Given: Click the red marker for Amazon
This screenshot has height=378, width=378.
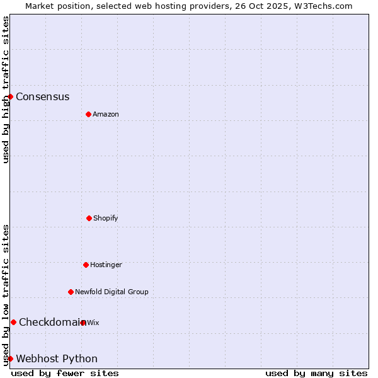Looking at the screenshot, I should (x=88, y=114).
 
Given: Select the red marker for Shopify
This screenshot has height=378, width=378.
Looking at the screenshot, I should (x=89, y=218).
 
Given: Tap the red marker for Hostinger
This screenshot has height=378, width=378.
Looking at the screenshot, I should (x=86, y=265).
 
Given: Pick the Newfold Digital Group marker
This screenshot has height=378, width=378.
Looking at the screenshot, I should (x=71, y=292).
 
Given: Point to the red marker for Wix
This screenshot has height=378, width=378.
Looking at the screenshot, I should (x=83, y=323).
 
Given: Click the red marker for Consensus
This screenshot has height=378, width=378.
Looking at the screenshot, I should (x=11, y=96).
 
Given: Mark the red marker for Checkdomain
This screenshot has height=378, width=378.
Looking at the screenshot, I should (x=13, y=322).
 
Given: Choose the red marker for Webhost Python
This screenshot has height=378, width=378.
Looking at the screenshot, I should (x=11, y=358).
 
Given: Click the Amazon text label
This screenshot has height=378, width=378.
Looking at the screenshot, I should (x=106, y=114).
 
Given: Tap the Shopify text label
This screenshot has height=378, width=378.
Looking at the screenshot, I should (x=106, y=218).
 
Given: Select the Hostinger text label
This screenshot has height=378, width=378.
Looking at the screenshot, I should (x=106, y=265).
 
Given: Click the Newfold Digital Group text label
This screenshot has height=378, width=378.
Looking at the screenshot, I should (x=112, y=292).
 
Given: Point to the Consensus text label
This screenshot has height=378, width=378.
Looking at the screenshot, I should (x=43, y=96).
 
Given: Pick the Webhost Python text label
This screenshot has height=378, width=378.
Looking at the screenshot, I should (x=57, y=358).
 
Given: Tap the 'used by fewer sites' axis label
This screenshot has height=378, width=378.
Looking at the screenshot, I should (x=65, y=373).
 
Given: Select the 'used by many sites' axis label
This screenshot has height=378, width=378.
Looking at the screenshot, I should (x=316, y=373).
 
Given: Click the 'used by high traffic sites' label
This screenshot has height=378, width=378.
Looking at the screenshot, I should (x=6, y=89).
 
